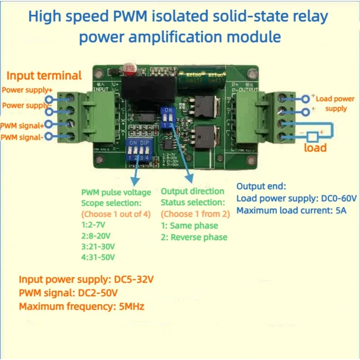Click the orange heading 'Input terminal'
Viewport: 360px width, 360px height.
(x=44, y=76)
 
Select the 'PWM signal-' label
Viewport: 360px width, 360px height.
(x=22, y=137)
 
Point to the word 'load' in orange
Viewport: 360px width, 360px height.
(x=315, y=148)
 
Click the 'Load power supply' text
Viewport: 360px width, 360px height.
(x=335, y=103)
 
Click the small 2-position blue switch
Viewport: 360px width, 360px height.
(x=168, y=117)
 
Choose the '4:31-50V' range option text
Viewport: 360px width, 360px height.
(x=98, y=257)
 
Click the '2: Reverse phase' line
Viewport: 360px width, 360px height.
(x=194, y=237)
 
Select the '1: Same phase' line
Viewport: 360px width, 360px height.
(x=189, y=225)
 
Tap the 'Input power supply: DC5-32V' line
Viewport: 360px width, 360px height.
(x=86, y=279)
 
